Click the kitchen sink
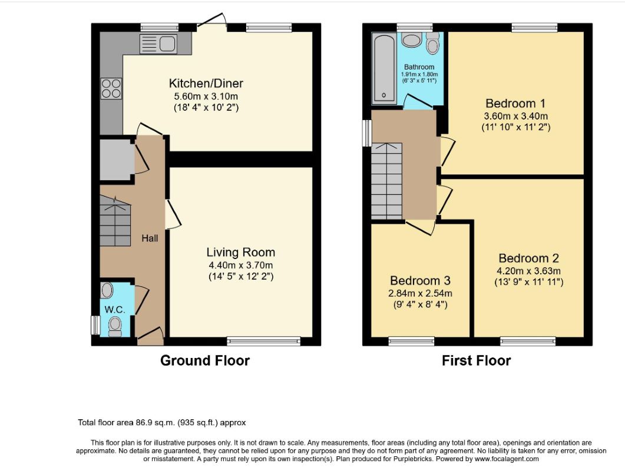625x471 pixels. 158,44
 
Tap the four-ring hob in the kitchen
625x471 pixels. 111,88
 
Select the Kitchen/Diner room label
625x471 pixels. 206,83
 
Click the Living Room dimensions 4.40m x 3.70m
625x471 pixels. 241,265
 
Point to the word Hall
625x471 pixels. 150,238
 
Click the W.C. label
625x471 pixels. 115,310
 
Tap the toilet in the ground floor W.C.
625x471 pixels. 115,326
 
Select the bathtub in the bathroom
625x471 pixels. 384,68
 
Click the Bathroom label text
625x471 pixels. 419,67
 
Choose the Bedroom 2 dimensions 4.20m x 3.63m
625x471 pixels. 528,271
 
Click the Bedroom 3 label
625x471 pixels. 420,280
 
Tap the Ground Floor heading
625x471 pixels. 205,361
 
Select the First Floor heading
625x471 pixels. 477,361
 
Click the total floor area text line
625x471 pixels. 162,422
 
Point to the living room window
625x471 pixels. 263,341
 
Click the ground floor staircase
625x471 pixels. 115,221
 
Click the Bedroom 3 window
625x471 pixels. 411,341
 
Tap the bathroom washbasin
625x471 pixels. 411,40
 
